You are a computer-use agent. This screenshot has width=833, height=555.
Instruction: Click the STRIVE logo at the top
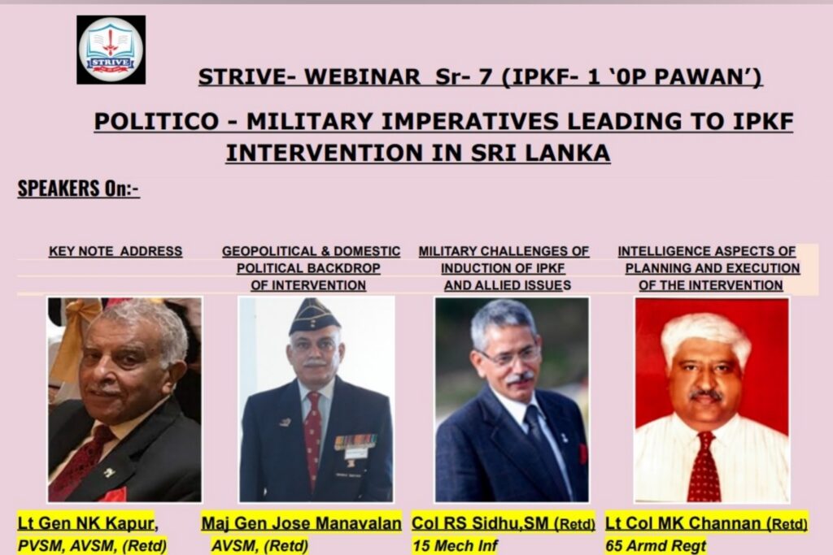point(111,50)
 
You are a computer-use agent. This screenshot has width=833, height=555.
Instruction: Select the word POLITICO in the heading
point(154,122)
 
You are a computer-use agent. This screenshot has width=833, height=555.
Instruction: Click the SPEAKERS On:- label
point(78,189)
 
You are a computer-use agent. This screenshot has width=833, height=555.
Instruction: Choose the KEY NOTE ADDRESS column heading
point(116,251)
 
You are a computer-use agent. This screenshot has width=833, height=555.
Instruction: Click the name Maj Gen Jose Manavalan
point(302,523)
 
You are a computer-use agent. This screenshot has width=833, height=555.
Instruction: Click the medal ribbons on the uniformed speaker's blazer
point(355,442)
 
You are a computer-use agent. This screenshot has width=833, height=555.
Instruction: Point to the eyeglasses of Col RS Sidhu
point(509,356)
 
